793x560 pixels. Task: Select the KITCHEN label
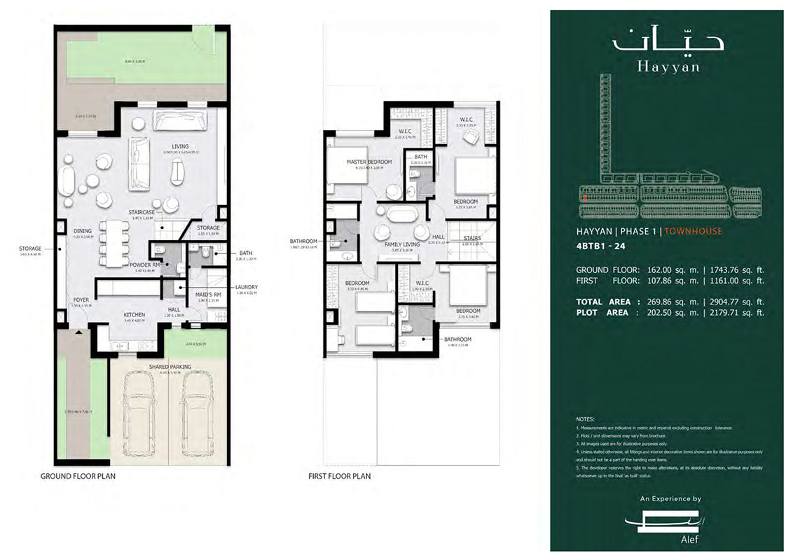[134, 315]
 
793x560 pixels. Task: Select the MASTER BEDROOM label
[369, 162]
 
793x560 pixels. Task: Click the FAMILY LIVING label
[401, 244]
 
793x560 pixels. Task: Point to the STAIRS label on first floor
[472, 238]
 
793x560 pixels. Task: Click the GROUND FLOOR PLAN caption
[78, 475]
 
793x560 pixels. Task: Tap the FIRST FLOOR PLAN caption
[340, 475]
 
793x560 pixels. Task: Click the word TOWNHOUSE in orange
[693, 230]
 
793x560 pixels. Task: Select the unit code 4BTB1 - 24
[600, 246]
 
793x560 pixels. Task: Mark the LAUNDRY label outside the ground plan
[247, 287]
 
